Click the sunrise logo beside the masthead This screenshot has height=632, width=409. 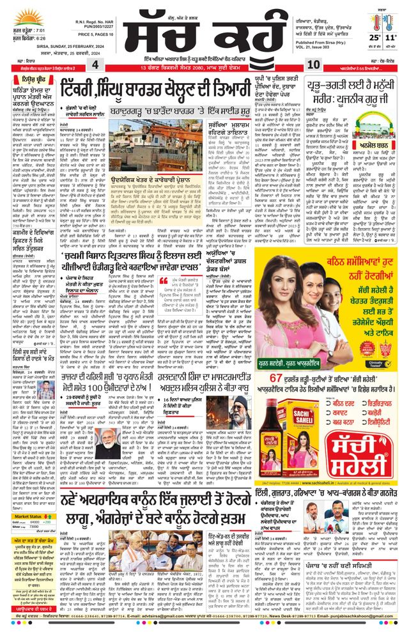click(25, 18)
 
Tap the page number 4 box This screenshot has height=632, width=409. click(95, 65)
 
